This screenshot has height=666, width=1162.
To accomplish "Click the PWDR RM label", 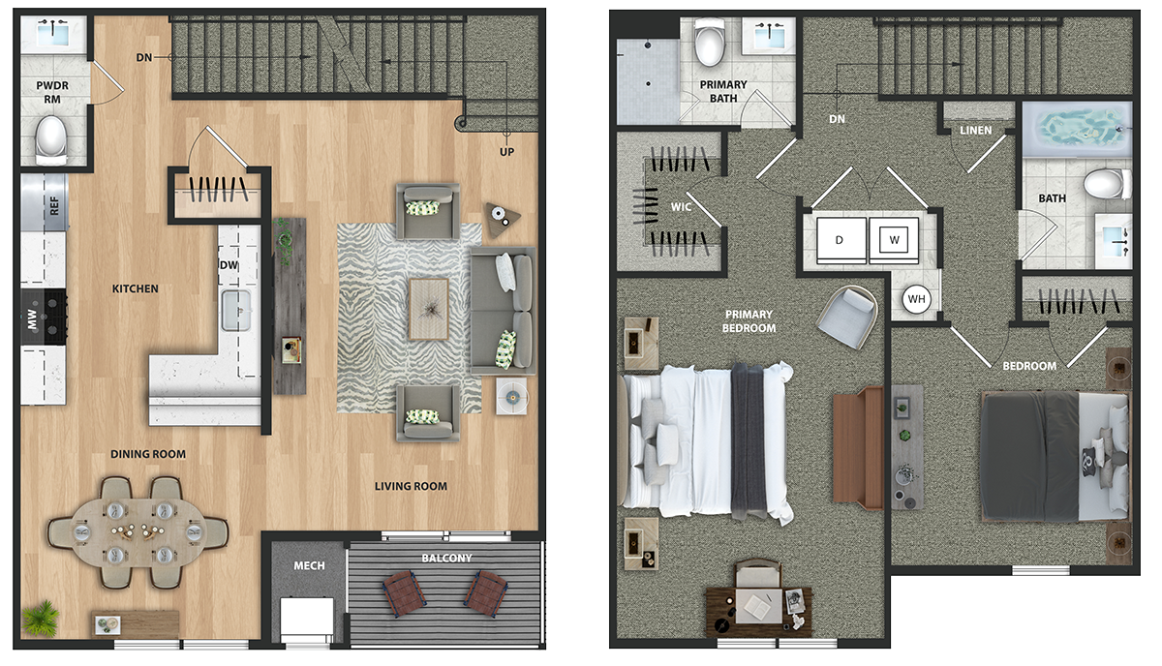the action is coord(52,92).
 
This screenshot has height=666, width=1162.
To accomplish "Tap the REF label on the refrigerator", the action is coord(54,206).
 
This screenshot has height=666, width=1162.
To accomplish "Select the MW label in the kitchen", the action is coord(32,319).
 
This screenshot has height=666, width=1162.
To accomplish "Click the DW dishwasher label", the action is coord(229,265).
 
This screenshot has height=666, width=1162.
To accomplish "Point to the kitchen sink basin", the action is coord(236,310).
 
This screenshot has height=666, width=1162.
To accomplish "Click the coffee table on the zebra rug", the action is coord(429,309).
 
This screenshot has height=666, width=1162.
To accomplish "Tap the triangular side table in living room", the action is coord(502,219).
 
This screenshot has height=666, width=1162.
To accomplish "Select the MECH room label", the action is coord(309,566).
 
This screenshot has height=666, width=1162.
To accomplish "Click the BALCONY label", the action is coord(446,559).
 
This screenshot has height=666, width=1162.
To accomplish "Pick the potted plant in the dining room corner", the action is coord(41,619).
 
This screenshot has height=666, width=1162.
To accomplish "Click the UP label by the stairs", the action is coord(506,152).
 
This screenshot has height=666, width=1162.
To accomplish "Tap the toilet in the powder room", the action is coord(51,139).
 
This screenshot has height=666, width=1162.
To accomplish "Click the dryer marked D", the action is coord(841,240).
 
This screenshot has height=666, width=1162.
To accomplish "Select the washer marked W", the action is coord(894,240).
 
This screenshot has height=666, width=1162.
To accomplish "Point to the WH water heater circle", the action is coord(917,299).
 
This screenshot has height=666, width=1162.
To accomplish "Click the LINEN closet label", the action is coord(976,131).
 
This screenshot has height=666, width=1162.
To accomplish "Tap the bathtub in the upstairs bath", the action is coord(1077,129).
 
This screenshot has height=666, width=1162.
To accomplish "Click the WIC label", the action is coord(681,207).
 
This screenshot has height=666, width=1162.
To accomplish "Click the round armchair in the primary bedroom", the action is coord(847,317).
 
